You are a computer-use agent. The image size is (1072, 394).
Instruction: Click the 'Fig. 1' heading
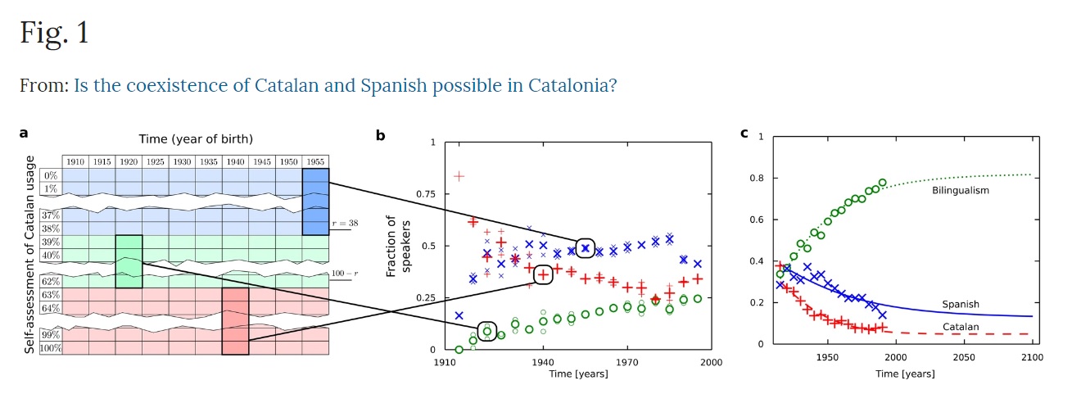[54, 33]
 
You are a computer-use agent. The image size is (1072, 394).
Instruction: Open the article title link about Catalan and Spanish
[345, 85]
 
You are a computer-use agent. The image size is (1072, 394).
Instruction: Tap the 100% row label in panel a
[50, 348]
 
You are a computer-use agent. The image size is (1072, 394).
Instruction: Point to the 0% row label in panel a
[51, 175]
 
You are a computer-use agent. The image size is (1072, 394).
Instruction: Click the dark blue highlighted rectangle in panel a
[315, 202]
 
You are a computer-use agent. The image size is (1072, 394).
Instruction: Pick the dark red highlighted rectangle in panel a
[235, 320]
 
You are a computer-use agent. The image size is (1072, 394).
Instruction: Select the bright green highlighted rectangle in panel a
[129, 261]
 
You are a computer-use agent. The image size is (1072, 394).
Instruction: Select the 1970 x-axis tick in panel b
[626, 361]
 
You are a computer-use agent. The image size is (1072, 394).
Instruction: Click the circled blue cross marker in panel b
[585, 247]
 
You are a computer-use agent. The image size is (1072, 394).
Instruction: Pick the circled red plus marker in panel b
[543, 274]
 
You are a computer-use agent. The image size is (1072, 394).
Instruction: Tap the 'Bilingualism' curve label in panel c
[961, 191]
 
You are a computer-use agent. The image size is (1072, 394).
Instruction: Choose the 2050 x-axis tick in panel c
[963, 358]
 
